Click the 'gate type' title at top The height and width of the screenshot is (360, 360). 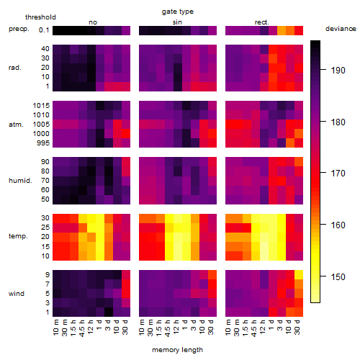pos(178,12)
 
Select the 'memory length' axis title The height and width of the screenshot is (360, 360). pos(177,350)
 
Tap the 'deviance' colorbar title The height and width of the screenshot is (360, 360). pos(341,29)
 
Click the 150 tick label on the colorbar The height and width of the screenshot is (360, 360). pos(338,277)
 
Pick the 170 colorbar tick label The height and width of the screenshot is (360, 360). pos(338,174)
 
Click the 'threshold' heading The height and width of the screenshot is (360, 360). pos(40,17)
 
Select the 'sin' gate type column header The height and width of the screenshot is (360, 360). pos(177,22)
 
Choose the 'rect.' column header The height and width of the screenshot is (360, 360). pos(262,22)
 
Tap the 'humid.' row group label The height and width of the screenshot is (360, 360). pos(20,181)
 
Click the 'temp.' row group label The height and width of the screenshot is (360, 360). pos(18,236)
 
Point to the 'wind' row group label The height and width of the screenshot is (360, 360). pos(17,294)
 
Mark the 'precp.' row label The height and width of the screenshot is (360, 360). pos(19,29)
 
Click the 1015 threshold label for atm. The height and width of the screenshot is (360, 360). pos(41,106)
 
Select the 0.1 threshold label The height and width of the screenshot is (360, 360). pos(44,30)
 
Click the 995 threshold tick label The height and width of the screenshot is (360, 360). pos(43,143)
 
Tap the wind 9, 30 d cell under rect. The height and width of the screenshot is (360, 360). pos(299,275)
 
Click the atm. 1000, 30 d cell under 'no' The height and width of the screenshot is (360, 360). pos(126,134)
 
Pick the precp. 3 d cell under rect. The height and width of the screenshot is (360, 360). pos(282,30)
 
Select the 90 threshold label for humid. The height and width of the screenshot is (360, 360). pos(45,162)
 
